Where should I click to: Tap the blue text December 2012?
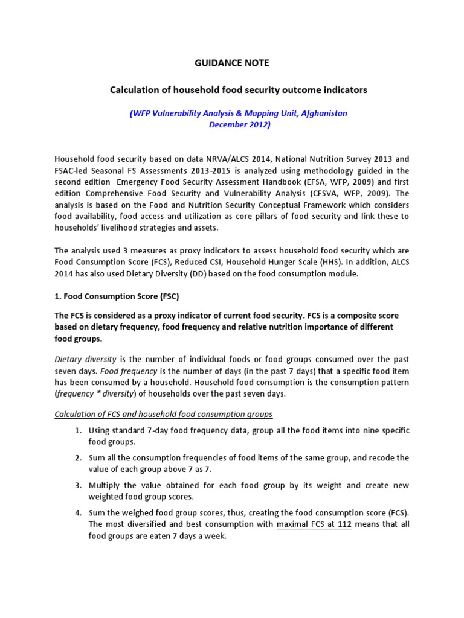239,125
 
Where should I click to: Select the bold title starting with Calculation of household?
238,89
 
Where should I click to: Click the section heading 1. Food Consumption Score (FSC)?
117,297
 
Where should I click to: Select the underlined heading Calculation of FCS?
163,414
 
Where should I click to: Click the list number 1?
79,431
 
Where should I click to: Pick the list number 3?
79,485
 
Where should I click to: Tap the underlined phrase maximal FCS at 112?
314,524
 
